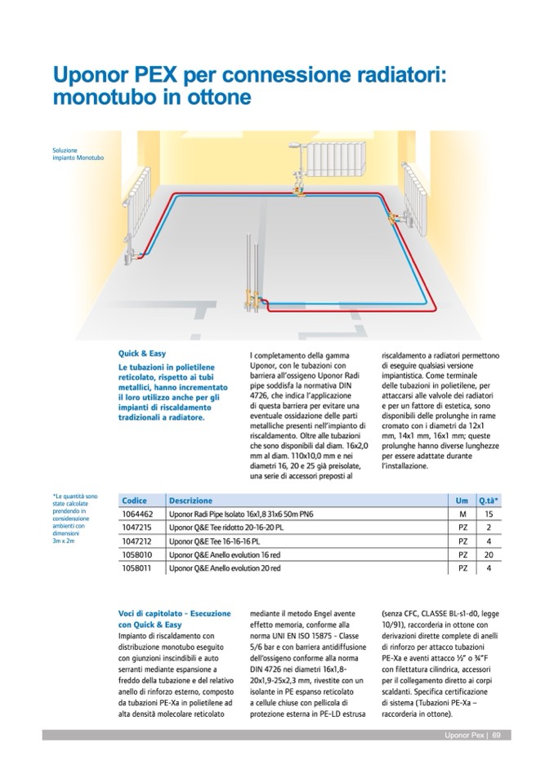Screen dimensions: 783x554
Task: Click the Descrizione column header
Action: pos(190,500)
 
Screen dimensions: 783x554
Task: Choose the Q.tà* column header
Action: pos(489,500)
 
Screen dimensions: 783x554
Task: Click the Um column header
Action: pos(462,500)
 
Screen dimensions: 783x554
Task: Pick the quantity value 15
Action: pos(488,515)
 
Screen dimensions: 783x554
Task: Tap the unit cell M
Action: pos(462,515)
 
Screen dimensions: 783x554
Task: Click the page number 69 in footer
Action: pos(496,735)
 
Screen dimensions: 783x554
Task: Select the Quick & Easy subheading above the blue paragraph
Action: pos(142,354)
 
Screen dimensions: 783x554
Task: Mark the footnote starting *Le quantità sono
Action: pos(75,518)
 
